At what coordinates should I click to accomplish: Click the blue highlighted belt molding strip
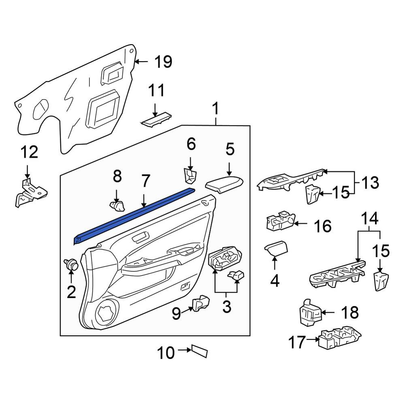click(134, 216)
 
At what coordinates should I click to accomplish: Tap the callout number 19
click(163, 62)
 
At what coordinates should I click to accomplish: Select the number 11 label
click(156, 90)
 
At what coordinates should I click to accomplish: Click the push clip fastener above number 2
click(71, 264)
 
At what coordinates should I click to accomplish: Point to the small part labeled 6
click(190, 175)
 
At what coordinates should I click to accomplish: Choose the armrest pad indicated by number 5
click(224, 184)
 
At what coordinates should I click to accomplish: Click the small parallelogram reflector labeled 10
click(200, 351)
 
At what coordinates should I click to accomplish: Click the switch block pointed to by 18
click(310, 312)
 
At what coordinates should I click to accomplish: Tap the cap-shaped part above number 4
click(276, 248)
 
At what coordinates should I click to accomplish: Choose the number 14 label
click(369, 218)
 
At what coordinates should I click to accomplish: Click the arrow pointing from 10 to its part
click(184, 350)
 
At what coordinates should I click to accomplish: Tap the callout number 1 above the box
click(215, 109)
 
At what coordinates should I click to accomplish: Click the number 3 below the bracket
click(226, 307)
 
